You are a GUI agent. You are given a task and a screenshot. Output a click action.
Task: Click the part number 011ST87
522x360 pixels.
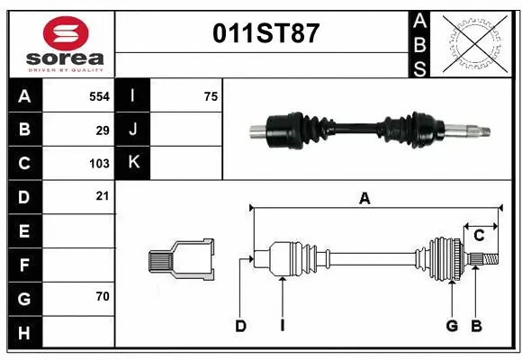click(265, 33)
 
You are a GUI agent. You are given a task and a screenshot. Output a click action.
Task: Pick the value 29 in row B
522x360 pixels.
click(103, 130)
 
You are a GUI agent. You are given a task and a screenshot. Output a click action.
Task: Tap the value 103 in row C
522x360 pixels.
click(99, 164)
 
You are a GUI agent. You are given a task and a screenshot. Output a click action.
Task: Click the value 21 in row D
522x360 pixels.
click(103, 196)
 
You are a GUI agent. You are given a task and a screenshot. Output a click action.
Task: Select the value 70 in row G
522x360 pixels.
click(103, 296)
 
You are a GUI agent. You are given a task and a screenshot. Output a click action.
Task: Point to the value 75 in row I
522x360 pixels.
click(211, 96)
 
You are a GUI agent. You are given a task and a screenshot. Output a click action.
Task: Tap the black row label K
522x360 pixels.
click(132, 163)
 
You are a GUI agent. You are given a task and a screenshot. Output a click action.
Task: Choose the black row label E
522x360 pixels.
click(24, 231)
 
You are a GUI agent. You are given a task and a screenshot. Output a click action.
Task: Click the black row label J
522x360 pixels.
click(132, 130)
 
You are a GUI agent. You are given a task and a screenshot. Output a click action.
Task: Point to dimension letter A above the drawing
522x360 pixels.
click(364, 199)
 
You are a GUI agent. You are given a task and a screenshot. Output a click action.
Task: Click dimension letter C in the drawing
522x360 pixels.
click(479, 235)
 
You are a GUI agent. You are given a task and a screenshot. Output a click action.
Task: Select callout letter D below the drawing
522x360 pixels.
click(240, 326)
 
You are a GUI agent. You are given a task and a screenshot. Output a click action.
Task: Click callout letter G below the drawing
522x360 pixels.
click(452, 326)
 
